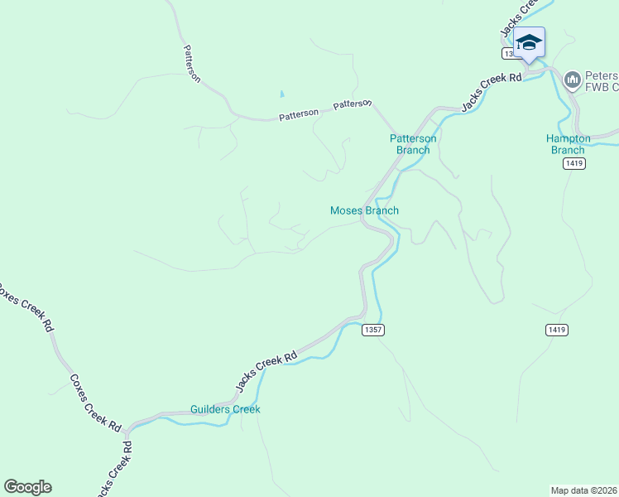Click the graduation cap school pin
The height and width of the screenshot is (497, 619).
pyautogui.click(x=529, y=42)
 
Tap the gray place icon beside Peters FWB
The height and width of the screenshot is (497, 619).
pyautogui.click(x=571, y=80)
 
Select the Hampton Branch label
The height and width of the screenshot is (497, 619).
pyautogui.click(x=568, y=144)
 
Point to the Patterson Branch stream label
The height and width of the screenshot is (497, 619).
pyautogui.click(x=413, y=144)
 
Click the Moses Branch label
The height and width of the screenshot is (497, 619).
pyautogui.click(x=364, y=210)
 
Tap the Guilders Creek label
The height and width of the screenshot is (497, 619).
pyautogui.click(x=225, y=409)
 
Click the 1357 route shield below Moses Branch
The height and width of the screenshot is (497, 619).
pyautogui.click(x=373, y=330)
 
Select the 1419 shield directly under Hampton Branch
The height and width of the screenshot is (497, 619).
pyautogui.click(x=575, y=164)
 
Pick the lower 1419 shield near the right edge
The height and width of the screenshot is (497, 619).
pyautogui.click(x=557, y=330)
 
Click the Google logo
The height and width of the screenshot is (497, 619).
pyautogui.click(x=27, y=487)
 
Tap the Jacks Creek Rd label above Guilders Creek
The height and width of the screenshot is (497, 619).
pyautogui.click(x=266, y=372)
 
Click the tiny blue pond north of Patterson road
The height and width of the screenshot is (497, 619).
pyautogui.click(x=282, y=95)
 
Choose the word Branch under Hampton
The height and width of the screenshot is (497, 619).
pyautogui.click(x=568, y=150)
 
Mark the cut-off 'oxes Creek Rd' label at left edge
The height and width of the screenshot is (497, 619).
pyautogui.click(x=25, y=306)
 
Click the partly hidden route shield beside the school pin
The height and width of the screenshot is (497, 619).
pyautogui.click(x=509, y=53)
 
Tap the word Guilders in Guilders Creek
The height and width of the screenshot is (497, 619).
pyautogui.click(x=210, y=409)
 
